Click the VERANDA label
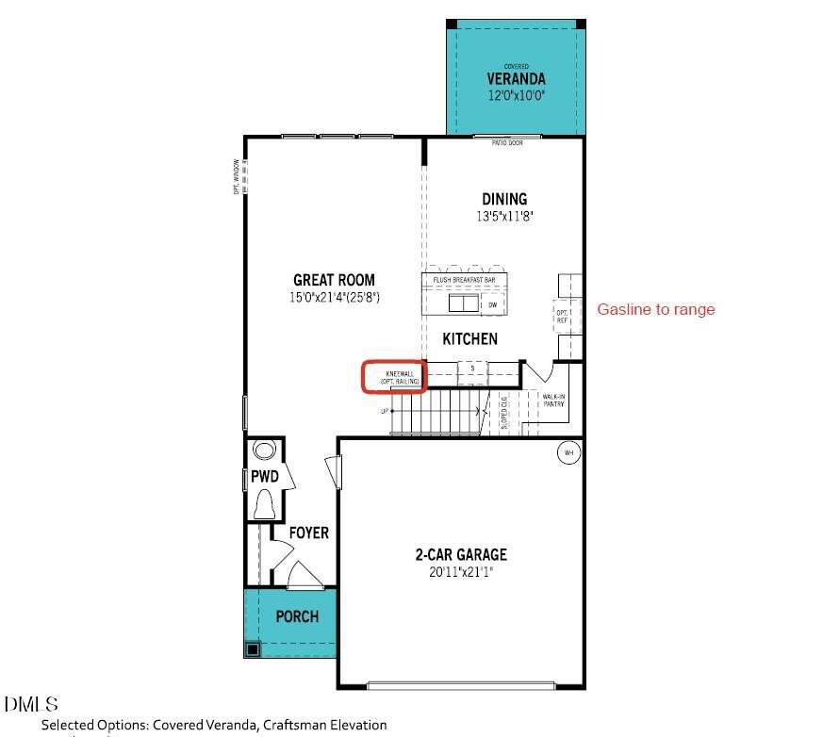point(516,79)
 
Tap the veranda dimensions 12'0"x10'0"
point(516,96)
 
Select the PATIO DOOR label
point(507,143)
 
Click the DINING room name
point(504,199)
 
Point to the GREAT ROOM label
point(334,280)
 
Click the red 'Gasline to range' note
point(656,309)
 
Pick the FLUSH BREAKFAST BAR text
point(464,280)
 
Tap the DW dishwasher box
point(492,304)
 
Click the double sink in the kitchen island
point(463,303)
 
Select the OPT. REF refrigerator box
point(562,316)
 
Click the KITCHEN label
point(469,339)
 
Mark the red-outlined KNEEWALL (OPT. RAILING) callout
point(395,377)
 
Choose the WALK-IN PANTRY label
point(553,401)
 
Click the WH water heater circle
point(568,453)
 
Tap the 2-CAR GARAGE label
point(461,555)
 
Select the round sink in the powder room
point(265,450)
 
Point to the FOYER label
point(308,533)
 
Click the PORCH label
point(297,616)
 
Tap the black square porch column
point(252,648)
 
